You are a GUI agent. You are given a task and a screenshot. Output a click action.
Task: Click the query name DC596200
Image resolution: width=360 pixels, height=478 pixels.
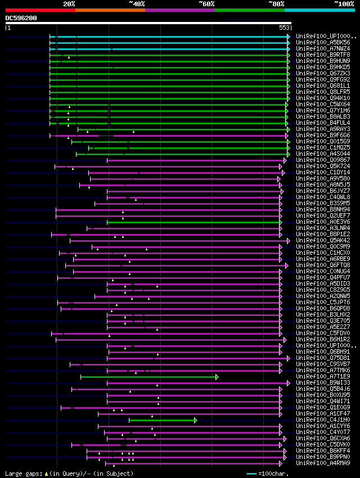pos(21,18)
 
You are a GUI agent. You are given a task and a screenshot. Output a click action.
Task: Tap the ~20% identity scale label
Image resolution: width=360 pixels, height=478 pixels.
pos(69,3)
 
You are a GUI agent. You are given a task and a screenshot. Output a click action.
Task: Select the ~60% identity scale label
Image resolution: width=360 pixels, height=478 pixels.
pos(206,3)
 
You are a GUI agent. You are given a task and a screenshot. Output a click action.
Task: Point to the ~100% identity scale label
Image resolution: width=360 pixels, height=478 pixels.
pos(344,3)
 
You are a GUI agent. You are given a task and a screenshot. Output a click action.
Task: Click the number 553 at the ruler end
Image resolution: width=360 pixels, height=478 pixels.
pos(284,27)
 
